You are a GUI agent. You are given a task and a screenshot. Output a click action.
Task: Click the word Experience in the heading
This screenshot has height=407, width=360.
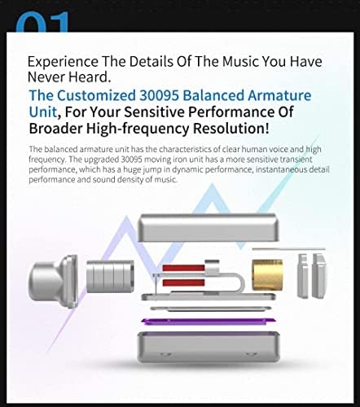[63, 61]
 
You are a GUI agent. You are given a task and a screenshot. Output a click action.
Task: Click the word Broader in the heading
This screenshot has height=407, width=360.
[59, 129]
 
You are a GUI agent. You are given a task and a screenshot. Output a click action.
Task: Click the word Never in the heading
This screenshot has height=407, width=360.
[48, 78]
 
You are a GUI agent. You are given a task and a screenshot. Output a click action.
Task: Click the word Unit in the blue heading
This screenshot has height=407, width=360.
[43, 112]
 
